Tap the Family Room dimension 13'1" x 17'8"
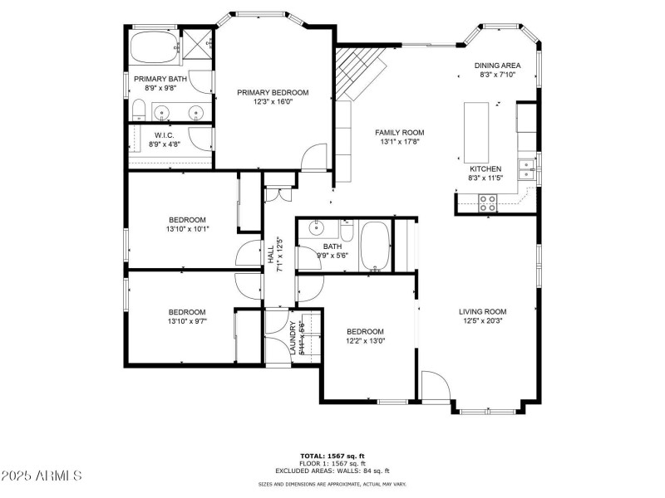click(x=399, y=142)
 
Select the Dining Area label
click(x=497, y=66)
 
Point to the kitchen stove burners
click(x=487, y=199)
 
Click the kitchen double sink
click(x=526, y=168)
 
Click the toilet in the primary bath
click(x=140, y=110)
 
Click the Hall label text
click(x=271, y=252)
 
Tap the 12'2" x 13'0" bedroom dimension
click(x=365, y=340)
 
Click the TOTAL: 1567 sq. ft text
click(x=332, y=456)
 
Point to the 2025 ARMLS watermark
click(x=42, y=476)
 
